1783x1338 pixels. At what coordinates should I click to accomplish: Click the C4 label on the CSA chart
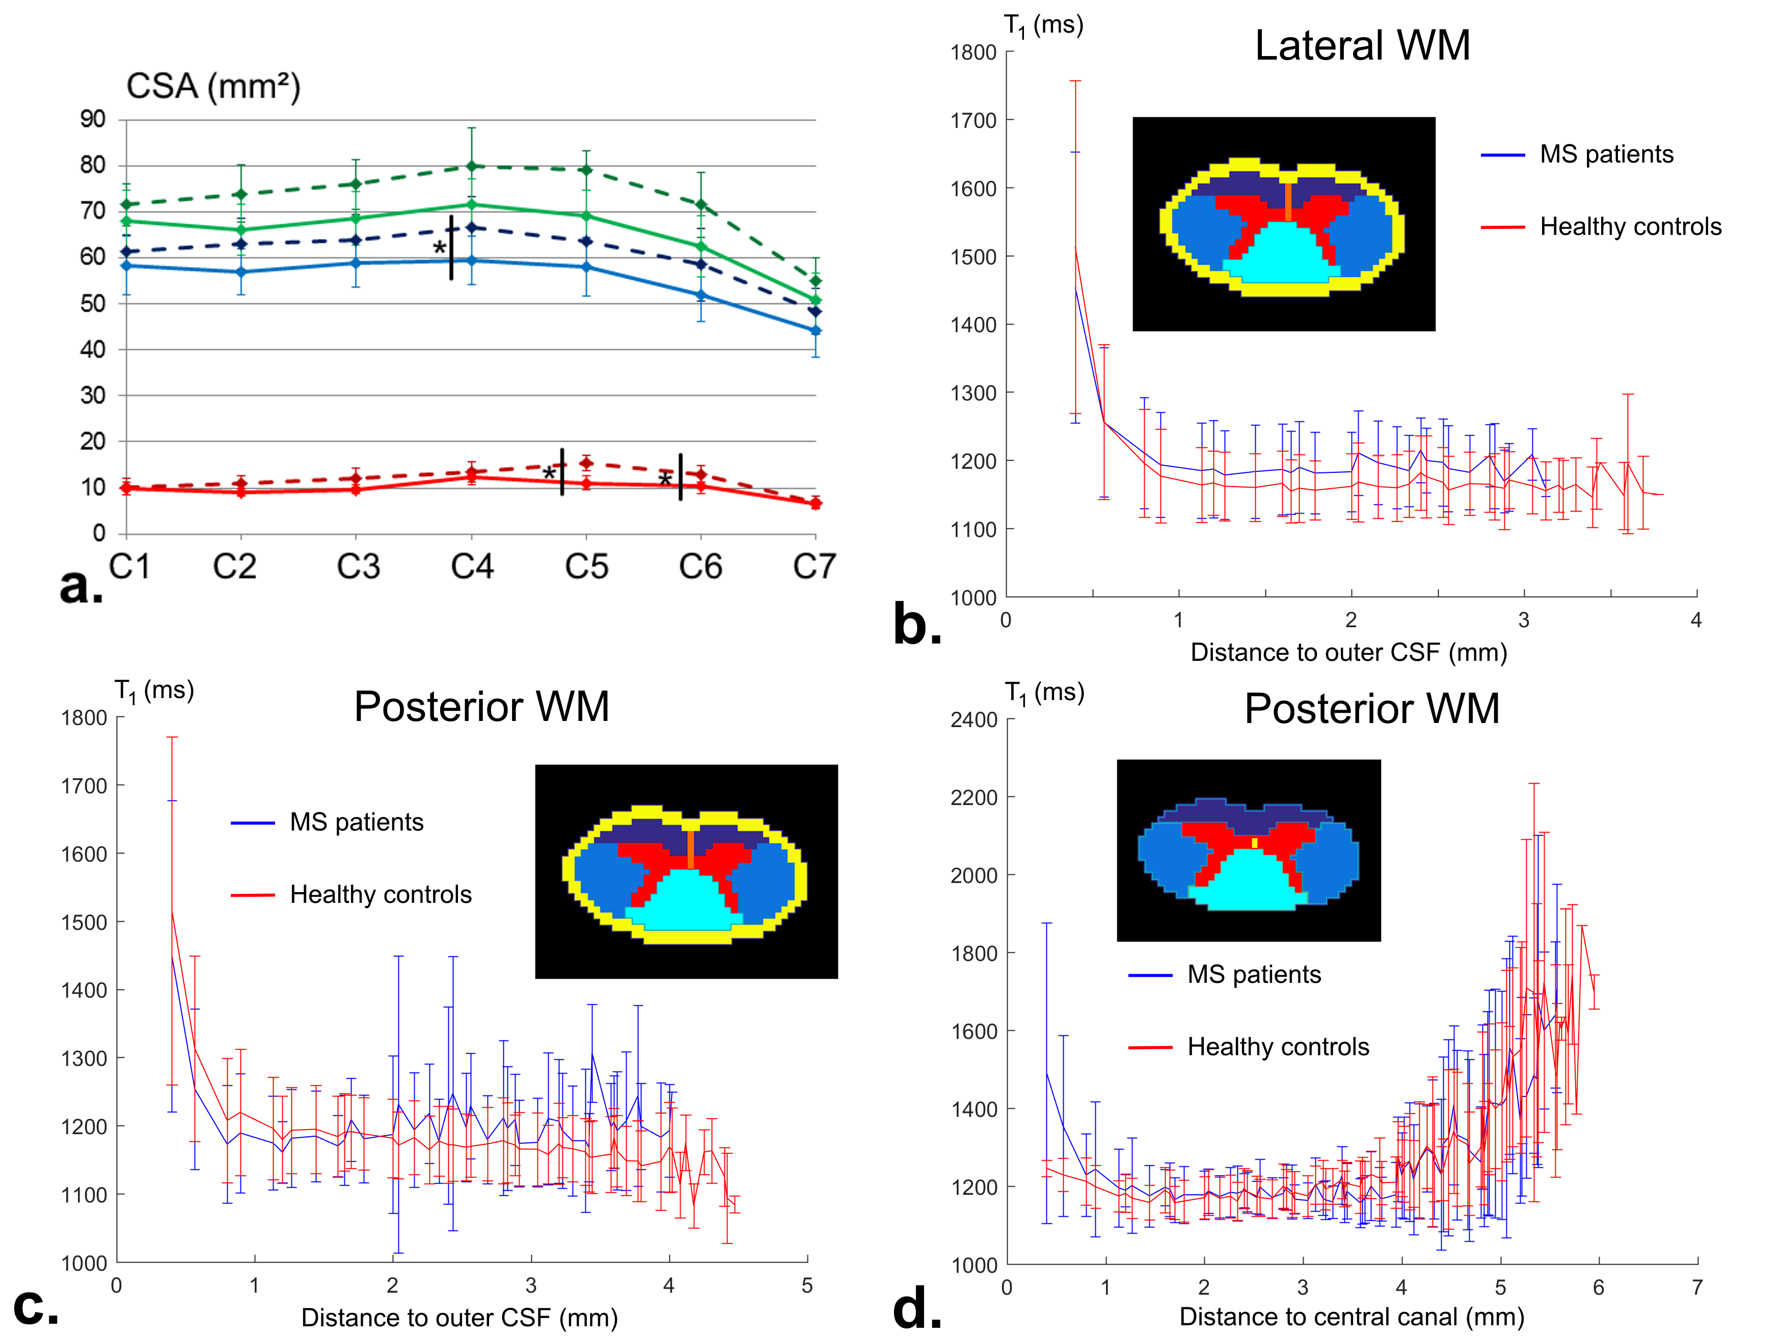point(472,567)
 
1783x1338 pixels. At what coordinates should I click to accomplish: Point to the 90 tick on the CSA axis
point(93,119)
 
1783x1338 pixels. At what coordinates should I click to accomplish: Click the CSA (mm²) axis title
point(213,86)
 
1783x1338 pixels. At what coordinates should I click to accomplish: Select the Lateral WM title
point(1362,45)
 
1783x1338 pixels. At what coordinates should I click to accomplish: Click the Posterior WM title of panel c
point(481,707)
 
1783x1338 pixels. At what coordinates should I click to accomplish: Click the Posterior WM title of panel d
point(1372,709)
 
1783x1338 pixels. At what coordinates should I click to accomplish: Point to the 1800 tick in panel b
point(973,52)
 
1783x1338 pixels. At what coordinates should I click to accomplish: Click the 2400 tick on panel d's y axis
point(974,720)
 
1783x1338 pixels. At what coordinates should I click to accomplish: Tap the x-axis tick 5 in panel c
point(807,1286)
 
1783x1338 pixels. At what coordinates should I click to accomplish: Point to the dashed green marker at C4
point(472,166)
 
